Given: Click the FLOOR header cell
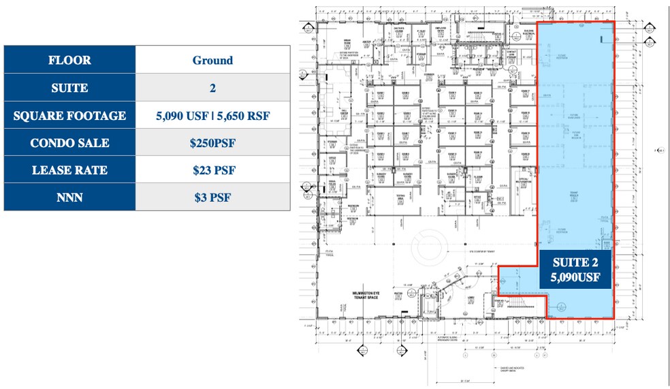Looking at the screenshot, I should (69, 60).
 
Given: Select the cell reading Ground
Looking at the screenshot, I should (212, 60).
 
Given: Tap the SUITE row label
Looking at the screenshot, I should (69, 88).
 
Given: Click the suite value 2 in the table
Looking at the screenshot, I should (212, 88).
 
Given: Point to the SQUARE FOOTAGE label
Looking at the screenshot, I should (69, 116).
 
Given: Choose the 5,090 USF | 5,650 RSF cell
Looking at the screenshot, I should (212, 116).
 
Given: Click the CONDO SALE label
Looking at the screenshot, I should (69, 143).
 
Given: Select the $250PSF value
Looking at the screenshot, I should (212, 143).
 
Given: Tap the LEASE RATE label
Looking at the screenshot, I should (69, 170).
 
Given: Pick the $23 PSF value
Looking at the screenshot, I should (212, 170).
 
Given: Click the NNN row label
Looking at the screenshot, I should (69, 198).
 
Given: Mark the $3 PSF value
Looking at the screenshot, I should (212, 198).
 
